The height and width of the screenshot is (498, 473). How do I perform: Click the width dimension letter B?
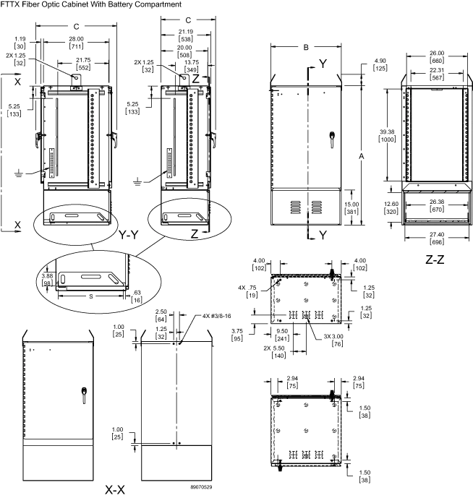306,48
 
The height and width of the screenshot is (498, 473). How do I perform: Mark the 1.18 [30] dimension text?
20,40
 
